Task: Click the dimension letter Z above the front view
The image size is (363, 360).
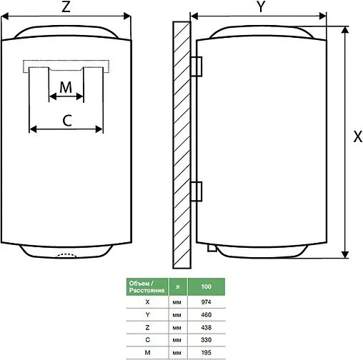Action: point(65,8)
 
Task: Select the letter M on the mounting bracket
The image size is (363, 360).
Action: point(66,87)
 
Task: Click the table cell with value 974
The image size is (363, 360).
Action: point(207,302)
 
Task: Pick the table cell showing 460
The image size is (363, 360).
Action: point(207,314)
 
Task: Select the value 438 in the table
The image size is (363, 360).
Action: point(207,326)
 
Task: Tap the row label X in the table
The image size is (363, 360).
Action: point(146,302)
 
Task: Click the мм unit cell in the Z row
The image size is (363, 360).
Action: point(177,326)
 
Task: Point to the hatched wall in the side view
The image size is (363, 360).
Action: point(181,143)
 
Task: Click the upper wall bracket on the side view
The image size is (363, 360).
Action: point(199,65)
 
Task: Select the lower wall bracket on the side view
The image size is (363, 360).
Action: point(199,191)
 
